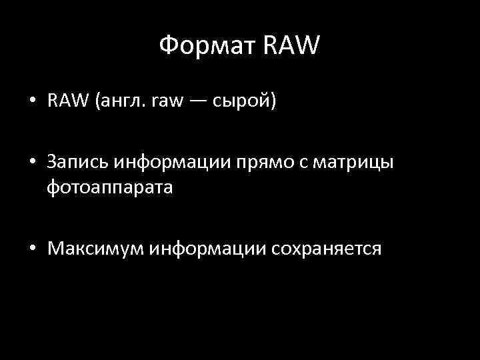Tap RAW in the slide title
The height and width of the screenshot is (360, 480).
pyautogui.click(x=293, y=47)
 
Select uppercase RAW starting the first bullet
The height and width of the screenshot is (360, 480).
pyautogui.click(x=69, y=101)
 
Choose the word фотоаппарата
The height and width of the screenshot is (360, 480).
pyautogui.click(x=110, y=187)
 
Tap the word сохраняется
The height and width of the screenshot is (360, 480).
pyautogui.click(x=326, y=249)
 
